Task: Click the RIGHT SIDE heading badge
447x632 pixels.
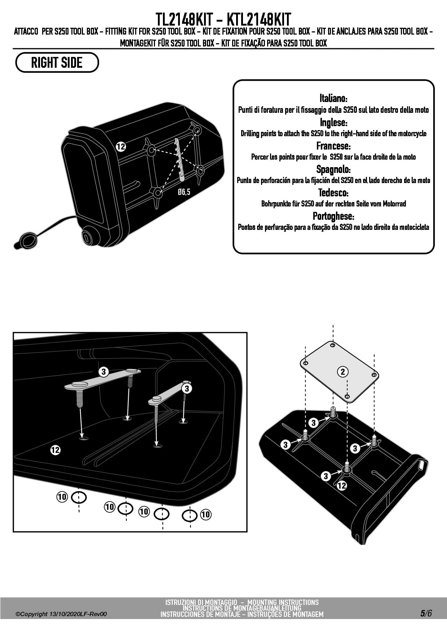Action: click(57, 62)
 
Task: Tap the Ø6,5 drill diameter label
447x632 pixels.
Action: click(184, 192)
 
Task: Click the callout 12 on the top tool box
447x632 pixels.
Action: click(121, 147)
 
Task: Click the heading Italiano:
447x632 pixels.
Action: click(333, 98)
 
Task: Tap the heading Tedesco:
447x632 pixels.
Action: click(333, 192)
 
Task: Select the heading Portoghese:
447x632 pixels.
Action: click(333, 216)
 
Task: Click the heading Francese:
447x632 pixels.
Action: click(333, 146)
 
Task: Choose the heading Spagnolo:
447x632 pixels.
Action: click(333, 169)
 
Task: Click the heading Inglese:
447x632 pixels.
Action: click(333, 123)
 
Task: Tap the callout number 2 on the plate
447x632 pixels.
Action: click(342, 371)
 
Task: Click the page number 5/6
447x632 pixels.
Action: click(425, 613)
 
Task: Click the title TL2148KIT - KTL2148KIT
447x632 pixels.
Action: click(223, 19)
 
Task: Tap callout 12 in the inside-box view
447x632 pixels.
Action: click(56, 450)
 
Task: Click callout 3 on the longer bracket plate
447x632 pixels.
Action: click(104, 371)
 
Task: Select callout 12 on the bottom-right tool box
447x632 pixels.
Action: click(342, 485)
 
